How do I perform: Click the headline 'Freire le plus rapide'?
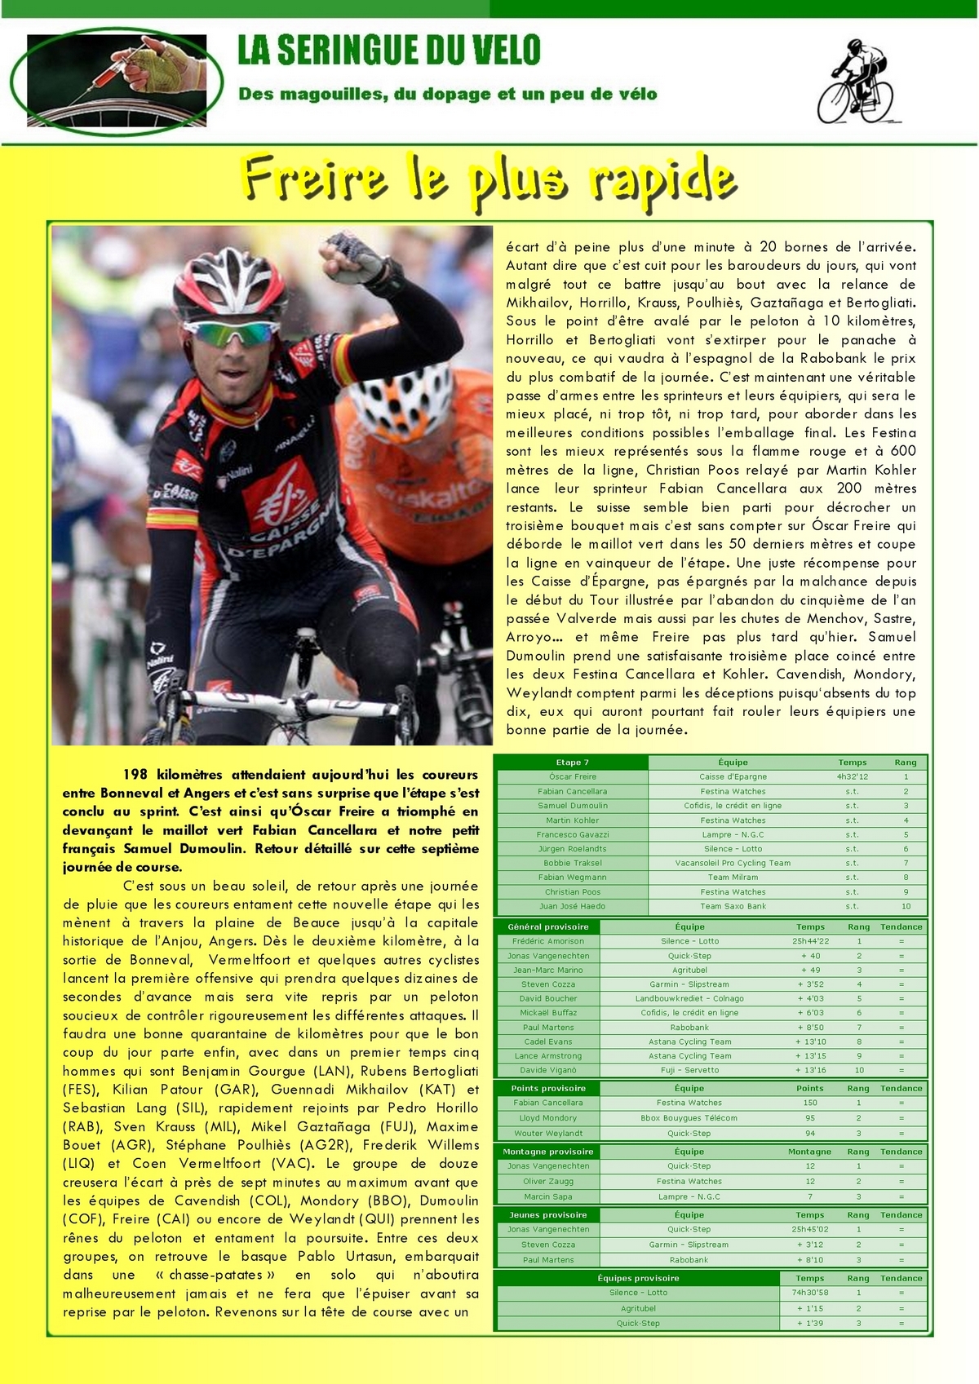pyautogui.click(x=489, y=178)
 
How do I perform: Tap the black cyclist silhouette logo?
pyautogui.click(x=856, y=82)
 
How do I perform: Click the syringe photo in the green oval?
pyautogui.click(x=118, y=80)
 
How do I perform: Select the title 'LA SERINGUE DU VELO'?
pyautogui.click(x=389, y=51)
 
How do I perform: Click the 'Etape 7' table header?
pyautogui.click(x=572, y=763)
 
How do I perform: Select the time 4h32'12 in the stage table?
pyautogui.click(x=852, y=777)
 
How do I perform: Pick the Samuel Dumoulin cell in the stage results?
pyautogui.click(x=572, y=806)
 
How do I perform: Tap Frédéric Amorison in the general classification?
pyautogui.click(x=547, y=941)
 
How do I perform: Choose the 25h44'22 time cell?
pyautogui.click(x=810, y=941)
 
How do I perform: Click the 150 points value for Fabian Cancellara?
pyautogui.click(x=810, y=1103)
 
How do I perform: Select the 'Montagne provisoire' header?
pyautogui.click(x=547, y=1152)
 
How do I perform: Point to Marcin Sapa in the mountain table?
pyautogui.click(x=547, y=1196)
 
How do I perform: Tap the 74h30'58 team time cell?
pyautogui.click(x=810, y=1293)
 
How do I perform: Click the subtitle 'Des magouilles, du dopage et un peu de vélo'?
pyautogui.click(x=447, y=95)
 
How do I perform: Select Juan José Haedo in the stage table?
pyautogui.click(x=572, y=906)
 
